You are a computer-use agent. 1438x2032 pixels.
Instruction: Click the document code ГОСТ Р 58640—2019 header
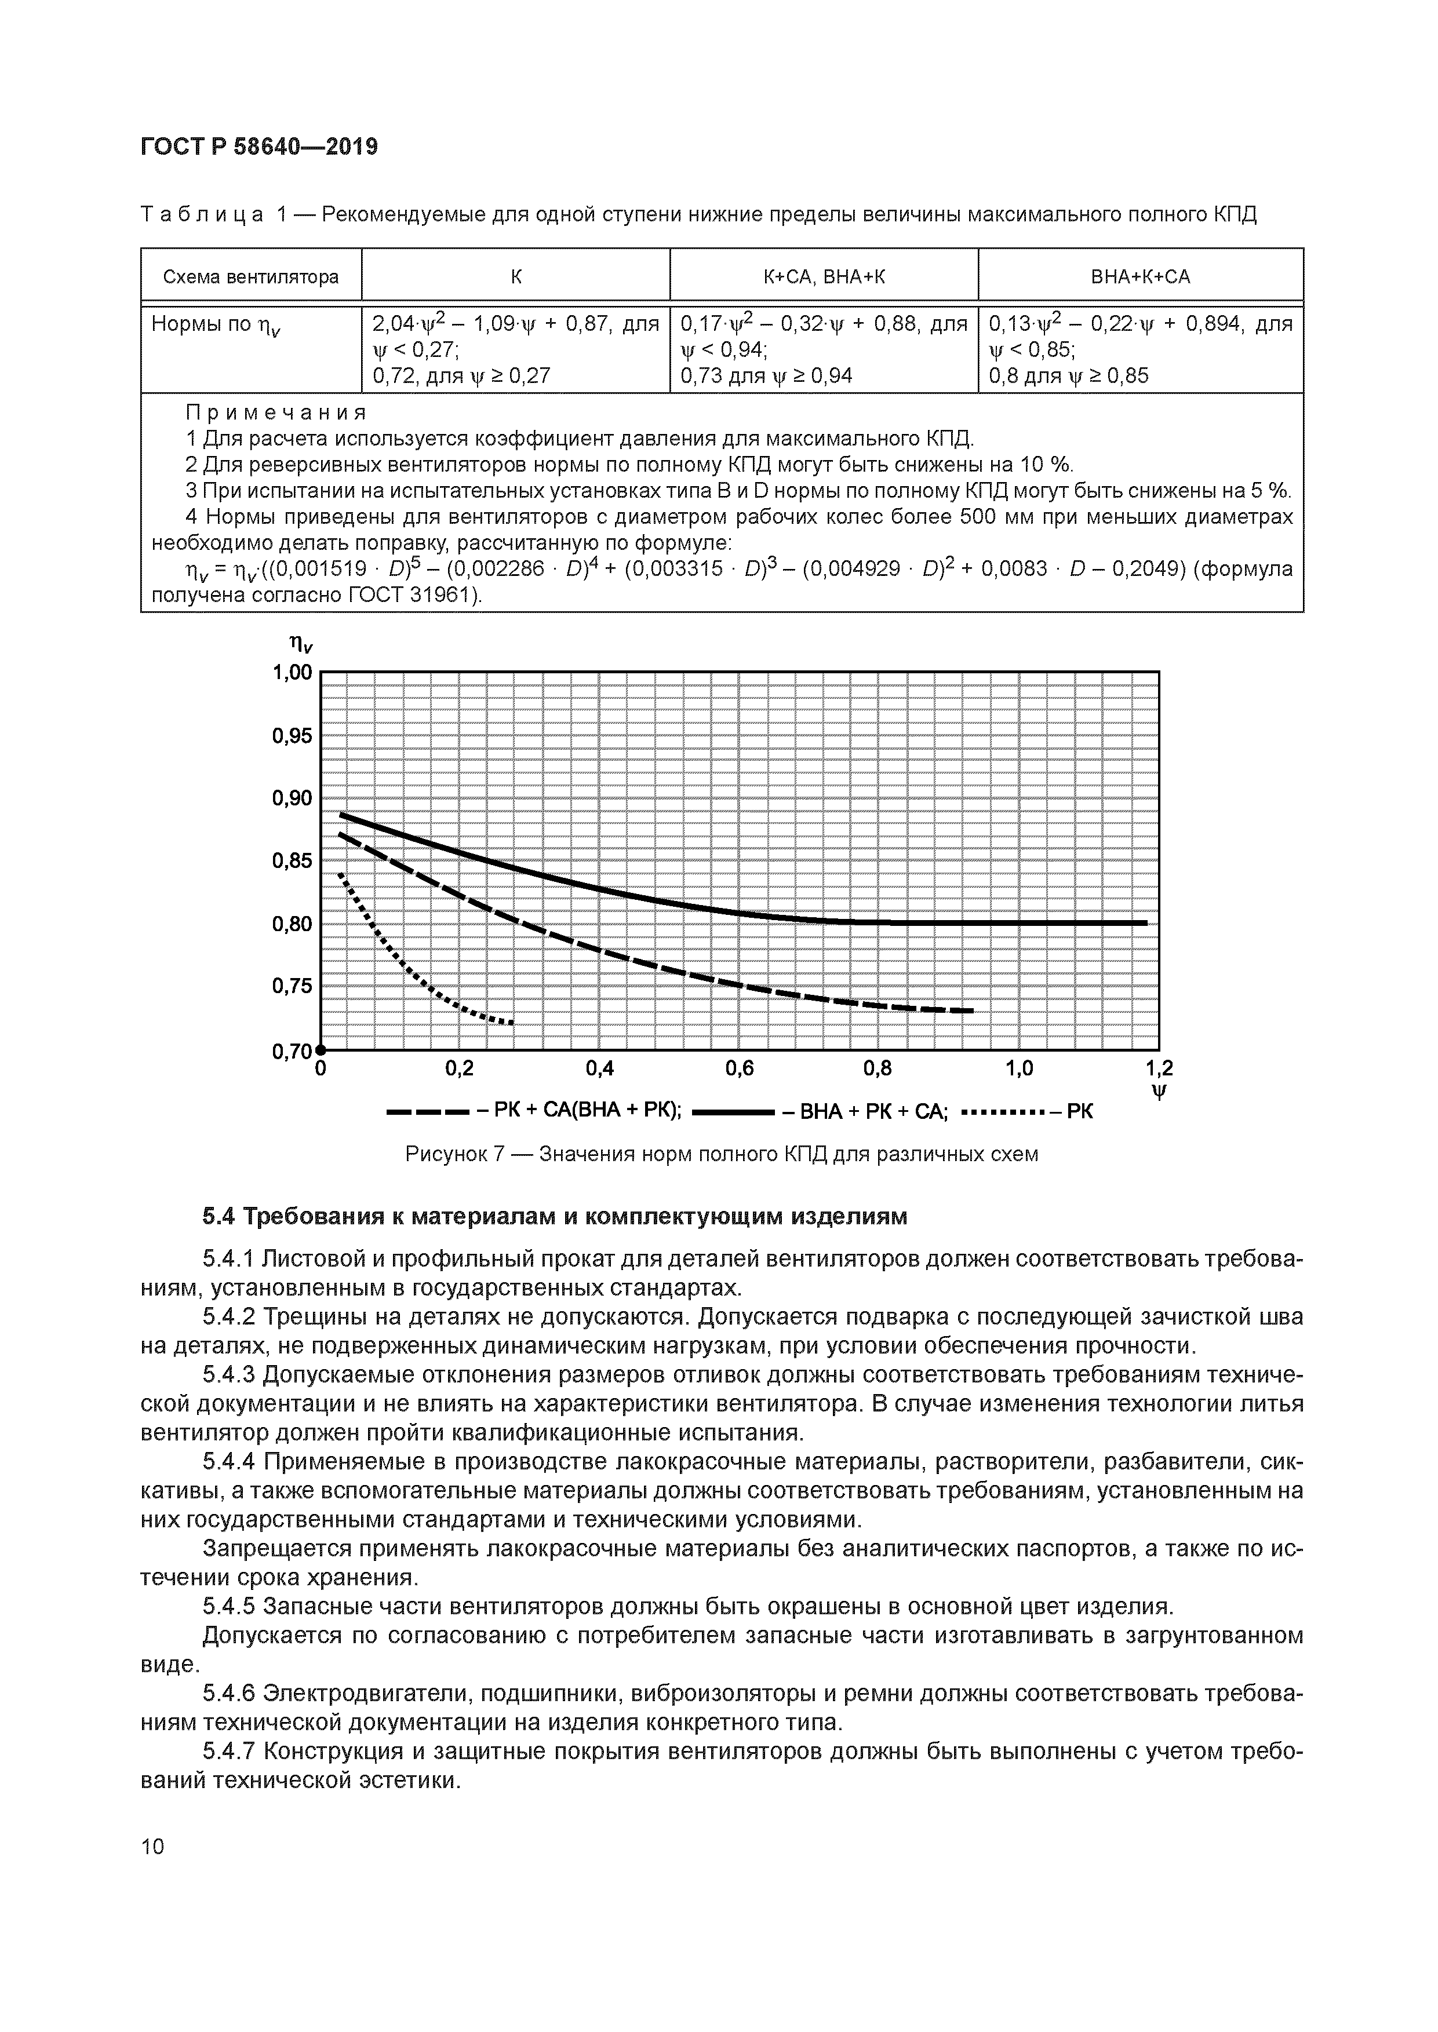coord(259,147)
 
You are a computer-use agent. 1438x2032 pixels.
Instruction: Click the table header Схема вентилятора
coord(250,277)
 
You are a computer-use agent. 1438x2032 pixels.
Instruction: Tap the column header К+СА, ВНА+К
coord(824,277)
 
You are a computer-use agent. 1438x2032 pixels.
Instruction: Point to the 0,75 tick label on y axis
coord(292,987)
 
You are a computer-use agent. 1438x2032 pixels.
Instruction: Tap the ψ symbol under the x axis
coord(1159,1092)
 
